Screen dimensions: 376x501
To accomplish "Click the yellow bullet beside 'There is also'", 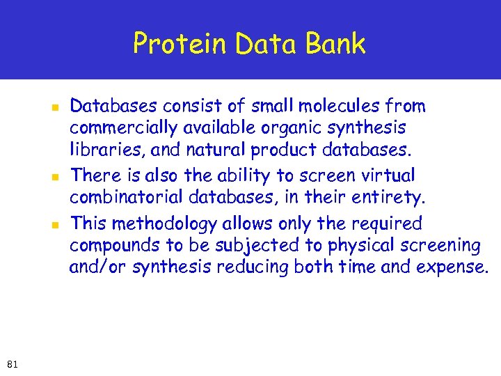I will pos(53,176).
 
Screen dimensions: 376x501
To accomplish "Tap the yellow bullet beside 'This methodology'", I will pos(53,225).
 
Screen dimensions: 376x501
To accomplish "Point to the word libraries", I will pos(96,150).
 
